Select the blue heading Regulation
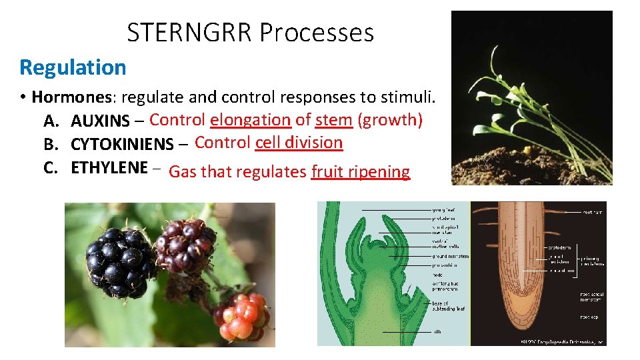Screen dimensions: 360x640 tap(73, 67)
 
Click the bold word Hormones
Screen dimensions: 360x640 tap(73, 97)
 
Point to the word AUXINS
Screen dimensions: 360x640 tap(100, 122)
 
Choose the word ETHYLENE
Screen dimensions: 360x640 tap(109, 168)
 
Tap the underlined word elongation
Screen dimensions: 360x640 tap(250, 120)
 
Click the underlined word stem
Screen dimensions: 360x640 tap(333, 120)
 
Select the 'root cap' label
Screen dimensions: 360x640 tap(590, 317)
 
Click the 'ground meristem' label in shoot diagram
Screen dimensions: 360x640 tap(451, 256)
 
